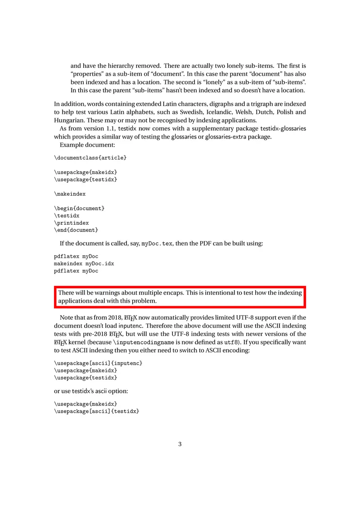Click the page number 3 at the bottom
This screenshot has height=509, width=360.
[180, 445]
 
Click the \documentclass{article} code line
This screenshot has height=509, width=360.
[90, 158]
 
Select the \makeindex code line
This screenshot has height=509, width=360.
[70, 194]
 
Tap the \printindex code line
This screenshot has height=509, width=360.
[72, 223]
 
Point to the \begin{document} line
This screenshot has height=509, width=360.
[80, 209]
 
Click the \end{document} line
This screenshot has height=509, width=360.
[76, 230]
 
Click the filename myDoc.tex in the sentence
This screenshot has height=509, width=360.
[157, 244]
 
